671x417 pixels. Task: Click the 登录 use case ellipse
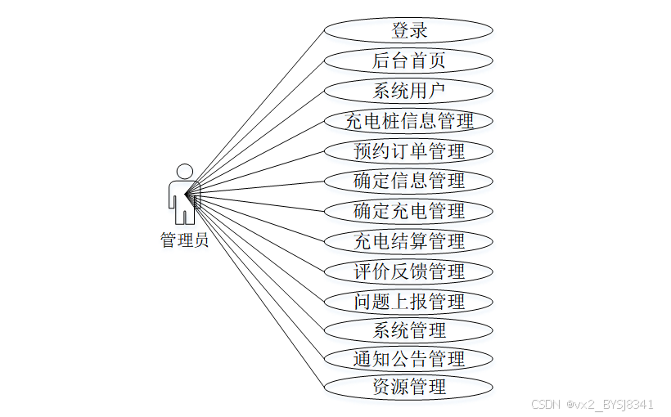pyautogui.click(x=408, y=31)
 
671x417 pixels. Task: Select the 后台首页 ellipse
pyautogui.click(x=408, y=61)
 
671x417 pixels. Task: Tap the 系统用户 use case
pyautogui.click(x=408, y=91)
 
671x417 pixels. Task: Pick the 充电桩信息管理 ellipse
pyautogui.click(x=408, y=121)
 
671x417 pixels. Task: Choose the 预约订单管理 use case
pyautogui.click(x=408, y=151)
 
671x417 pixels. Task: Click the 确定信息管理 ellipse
pyautogui.click(x=408, y=181)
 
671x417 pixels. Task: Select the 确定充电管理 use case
pyautogui.click(x=408, y=211)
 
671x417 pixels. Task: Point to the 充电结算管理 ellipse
pyautogui.click(x=408, y=241)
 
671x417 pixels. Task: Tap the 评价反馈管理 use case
pyautogui.click(x=408, y=271)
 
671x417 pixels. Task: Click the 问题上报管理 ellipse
pyautogui.click(x=408, y=301)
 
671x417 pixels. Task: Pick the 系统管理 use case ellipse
pyautogui.click(x=408, y=330)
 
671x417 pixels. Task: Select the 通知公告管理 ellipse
pyautogui.click(x=408, y=358)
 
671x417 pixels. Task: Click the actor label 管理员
pyautogui.click(x=184, y=240)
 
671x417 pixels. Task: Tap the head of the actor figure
pyautogui.click(x=185, y=171)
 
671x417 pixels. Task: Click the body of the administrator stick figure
pyautogui.click(x=183, y=199)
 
